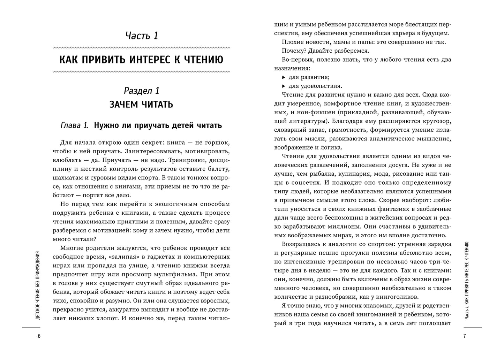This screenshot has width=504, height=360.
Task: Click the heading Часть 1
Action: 141,36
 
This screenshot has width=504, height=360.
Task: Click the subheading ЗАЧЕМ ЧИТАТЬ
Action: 141,104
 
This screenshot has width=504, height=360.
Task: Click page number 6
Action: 39,336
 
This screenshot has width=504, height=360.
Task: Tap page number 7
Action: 465,336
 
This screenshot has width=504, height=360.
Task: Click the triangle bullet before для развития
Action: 284,77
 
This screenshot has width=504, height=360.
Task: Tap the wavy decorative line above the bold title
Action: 141,48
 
